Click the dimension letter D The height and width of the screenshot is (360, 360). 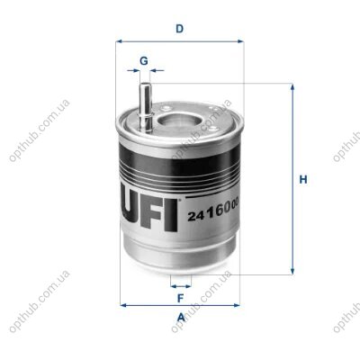179,29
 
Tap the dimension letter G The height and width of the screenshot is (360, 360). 144,61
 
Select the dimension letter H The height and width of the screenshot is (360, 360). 303,179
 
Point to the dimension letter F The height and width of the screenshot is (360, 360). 180,298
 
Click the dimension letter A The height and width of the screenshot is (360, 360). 181,317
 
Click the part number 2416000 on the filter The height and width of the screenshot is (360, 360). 213,211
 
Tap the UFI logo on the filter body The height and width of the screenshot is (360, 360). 150,214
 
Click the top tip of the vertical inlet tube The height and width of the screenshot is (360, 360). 145,84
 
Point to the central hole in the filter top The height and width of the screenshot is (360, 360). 176,121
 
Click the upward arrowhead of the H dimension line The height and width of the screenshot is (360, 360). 292,87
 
